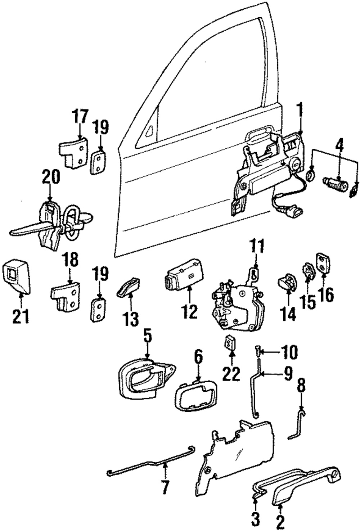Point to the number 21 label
pyautogui.click(x=21, y=316)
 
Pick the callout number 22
pyautogui.click(x=231, y=374)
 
